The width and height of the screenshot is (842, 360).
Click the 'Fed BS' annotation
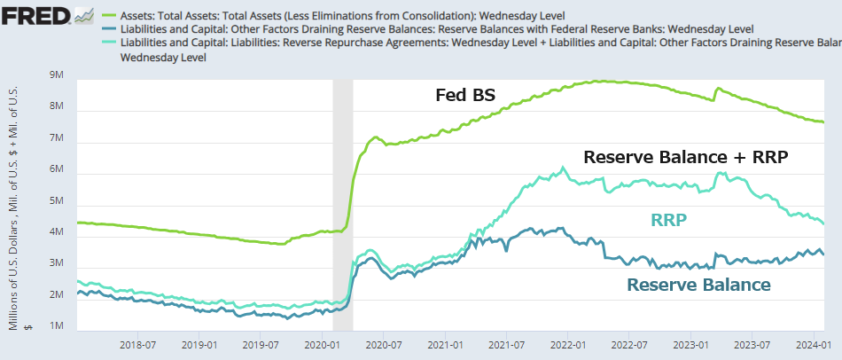464,95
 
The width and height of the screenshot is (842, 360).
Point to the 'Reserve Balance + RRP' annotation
686,158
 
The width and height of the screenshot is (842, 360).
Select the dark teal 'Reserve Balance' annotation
698,285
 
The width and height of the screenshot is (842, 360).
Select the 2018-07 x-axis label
138,344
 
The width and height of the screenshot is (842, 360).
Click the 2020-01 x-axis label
323,344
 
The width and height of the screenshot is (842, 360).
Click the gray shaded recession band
342,204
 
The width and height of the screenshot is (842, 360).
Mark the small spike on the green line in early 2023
717,89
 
